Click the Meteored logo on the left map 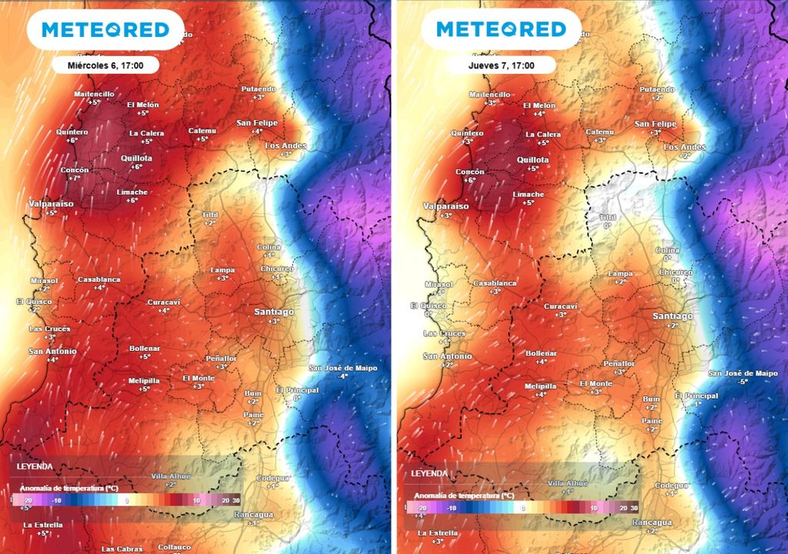click(x=105, y=29)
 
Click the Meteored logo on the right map click(x=500, y=29)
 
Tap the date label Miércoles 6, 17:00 click(x=105, y=66)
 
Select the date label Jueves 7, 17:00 click(x=499, y=66)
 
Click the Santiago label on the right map click(x=672, y=316)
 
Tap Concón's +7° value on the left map click(x=75, y=179)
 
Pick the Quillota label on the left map click(x=136, y=159)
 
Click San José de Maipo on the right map click(x=743, y=373)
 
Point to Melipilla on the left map click(x=143, y=379)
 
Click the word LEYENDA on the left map click(x=35, y=466)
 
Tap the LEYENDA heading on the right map click(x=429, y=473)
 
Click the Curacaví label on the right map click(x=560, y=306)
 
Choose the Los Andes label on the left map click(x=285, y=145)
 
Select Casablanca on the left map click(x=99, y=279)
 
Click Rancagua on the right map click(x=651, y=522)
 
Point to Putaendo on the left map click(x=258, y=88)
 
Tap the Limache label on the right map click(x=528, y=195)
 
